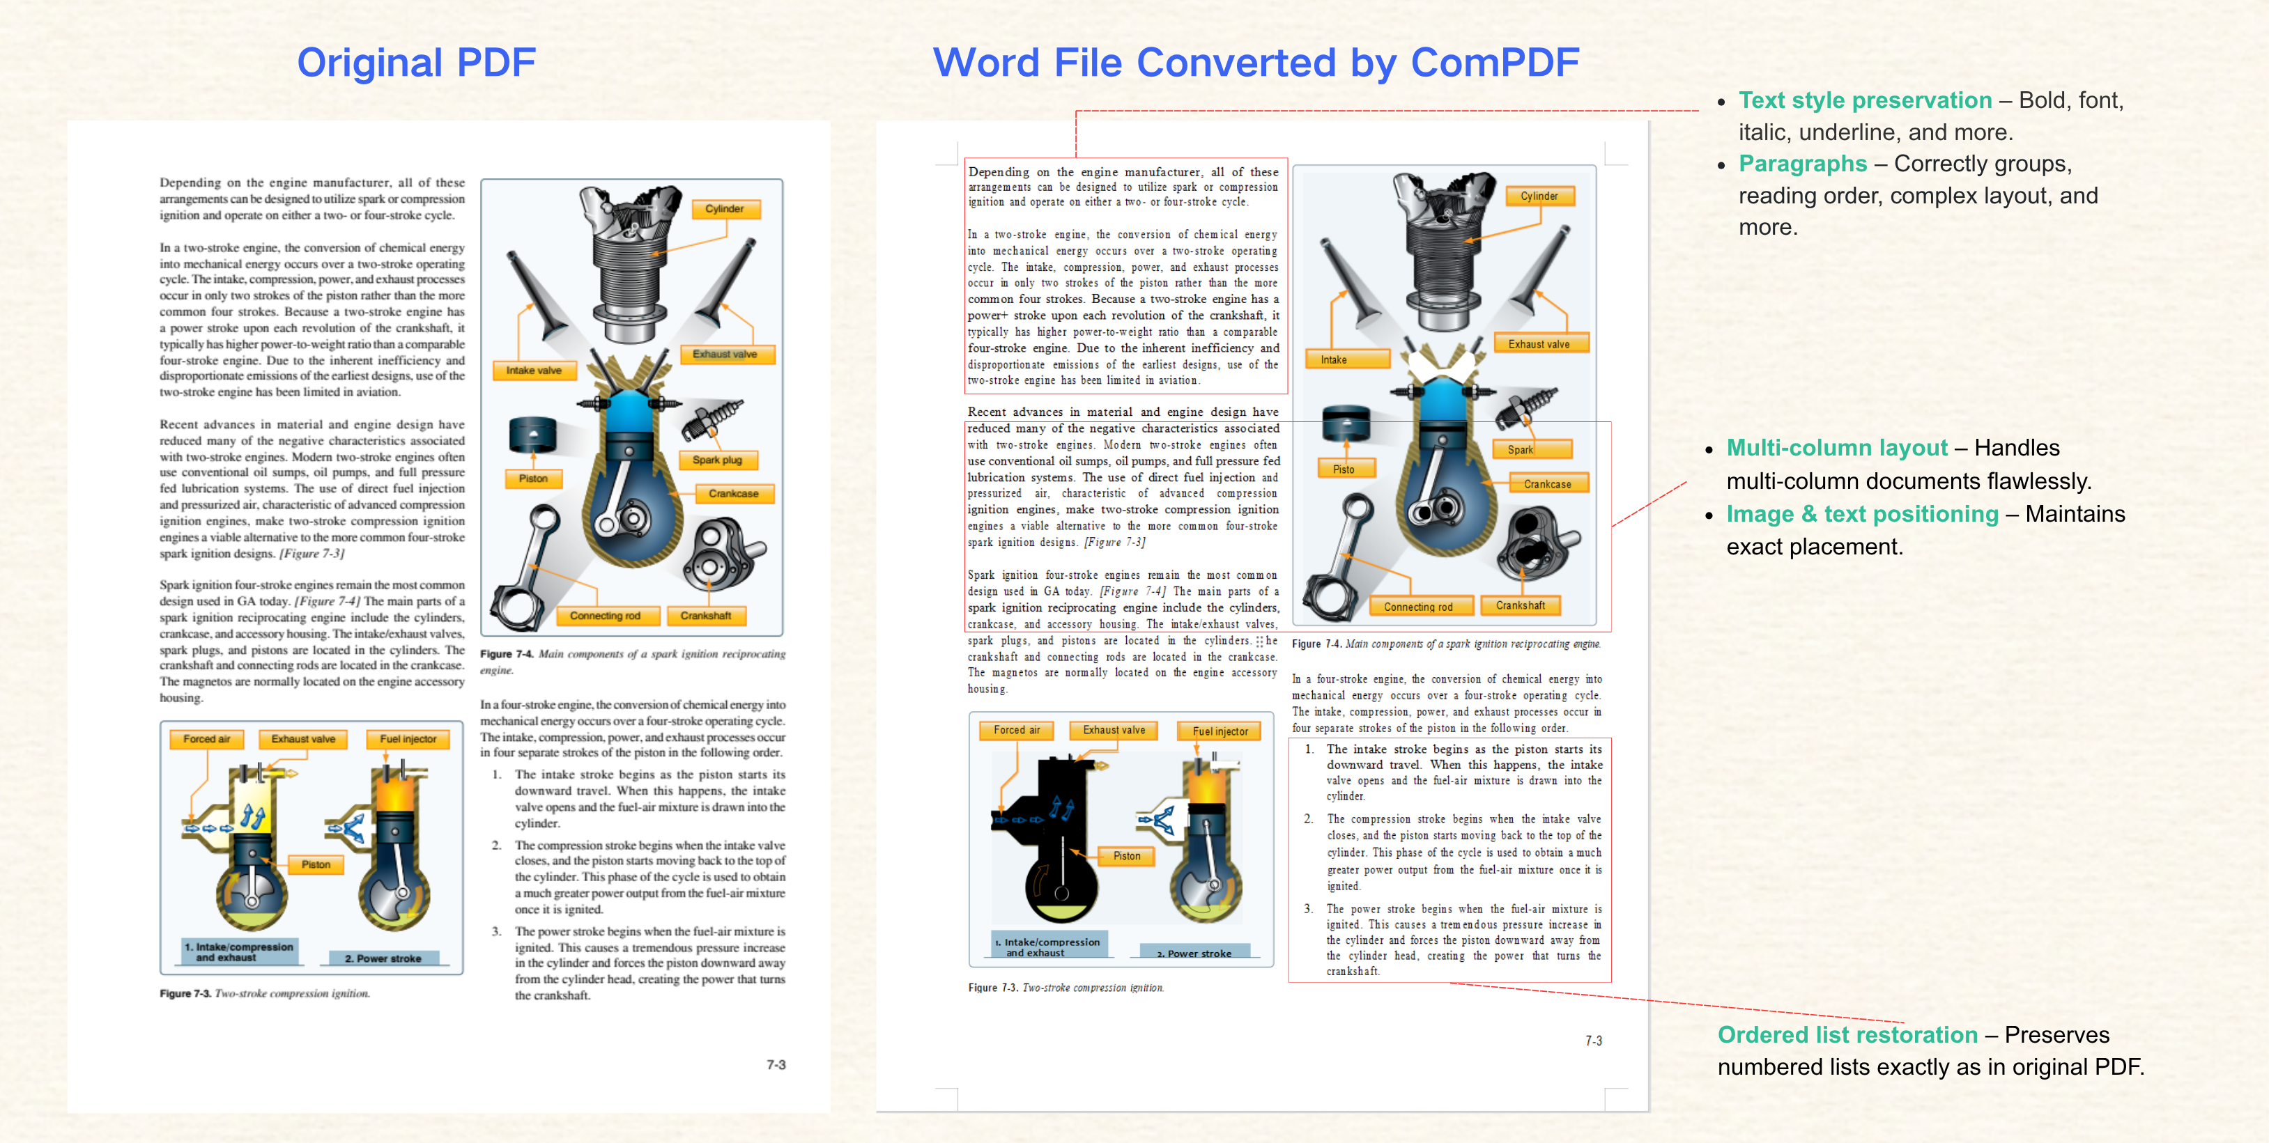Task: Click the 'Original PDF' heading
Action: [416, 63]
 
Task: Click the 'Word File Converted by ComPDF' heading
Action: [1256, 63]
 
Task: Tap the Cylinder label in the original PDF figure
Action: [724, 209]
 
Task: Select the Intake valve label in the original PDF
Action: [534, 371]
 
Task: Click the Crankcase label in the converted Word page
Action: [1548, 484]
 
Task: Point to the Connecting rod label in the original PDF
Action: [605, 616]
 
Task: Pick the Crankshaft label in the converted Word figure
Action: [1521, 606]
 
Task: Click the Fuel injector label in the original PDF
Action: [408, 740]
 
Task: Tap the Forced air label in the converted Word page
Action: [1017, 730]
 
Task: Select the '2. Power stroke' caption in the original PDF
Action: [383, 958]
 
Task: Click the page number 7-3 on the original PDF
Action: [776, 1064]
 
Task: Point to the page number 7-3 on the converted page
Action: [1594, 1041]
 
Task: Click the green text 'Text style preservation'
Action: [1865, 100]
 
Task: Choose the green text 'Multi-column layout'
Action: [1836, 449]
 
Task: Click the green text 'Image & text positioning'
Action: [1862, 514]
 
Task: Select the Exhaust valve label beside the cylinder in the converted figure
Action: [1539, 344]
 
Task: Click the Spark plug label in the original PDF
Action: [717, 460]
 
